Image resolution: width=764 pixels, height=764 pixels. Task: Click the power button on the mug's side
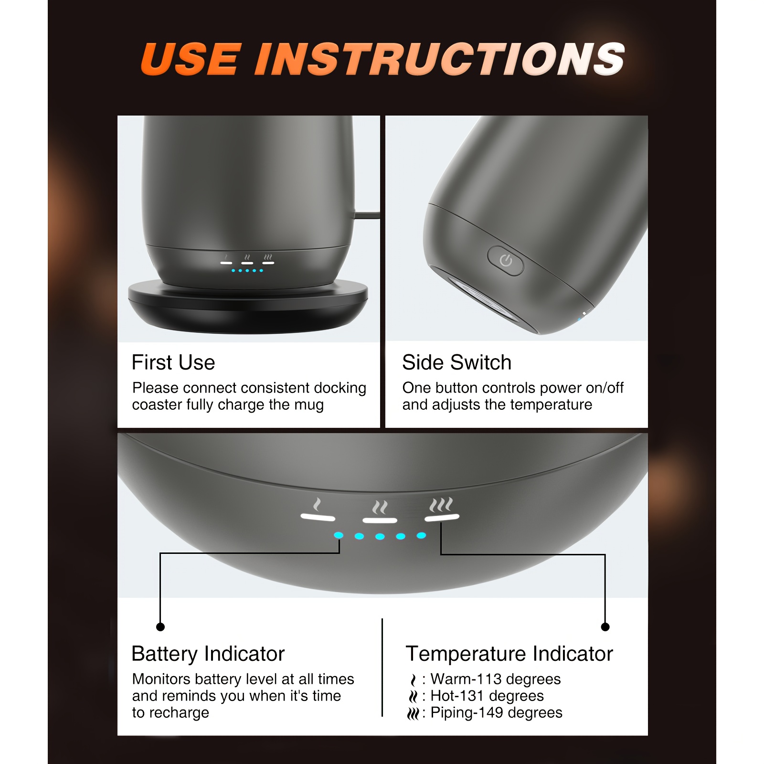coord(505,260)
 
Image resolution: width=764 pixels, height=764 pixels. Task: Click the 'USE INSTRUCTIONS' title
coord(382,59)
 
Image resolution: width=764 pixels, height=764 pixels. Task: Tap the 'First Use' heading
coord(173,362)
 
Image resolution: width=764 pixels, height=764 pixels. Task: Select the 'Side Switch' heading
coord(456,362)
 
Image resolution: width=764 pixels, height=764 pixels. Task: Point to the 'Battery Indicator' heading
coord(208,654)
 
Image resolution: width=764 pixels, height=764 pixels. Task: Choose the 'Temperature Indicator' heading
coord(509,654)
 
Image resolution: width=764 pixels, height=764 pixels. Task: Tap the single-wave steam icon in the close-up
coord(317,504)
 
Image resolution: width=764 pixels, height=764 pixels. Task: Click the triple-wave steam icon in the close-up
coord(441,504)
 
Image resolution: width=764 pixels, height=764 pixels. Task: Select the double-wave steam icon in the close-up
coord(380,507)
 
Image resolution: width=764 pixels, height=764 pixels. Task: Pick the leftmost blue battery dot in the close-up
coord(339,535)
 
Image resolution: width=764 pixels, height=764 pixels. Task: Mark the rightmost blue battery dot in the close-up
coord(421,535)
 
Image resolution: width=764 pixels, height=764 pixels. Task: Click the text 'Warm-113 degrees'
coord(496,679)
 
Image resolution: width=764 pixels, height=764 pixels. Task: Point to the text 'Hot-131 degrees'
coord(487,696)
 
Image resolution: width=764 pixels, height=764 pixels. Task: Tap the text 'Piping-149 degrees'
coord(497,713)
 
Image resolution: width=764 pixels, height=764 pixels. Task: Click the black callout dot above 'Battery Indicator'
coord(160,627)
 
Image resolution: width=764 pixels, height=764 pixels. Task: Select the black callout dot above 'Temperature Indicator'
coord(605,627)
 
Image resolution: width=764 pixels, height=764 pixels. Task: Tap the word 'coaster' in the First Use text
coord(157,405)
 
